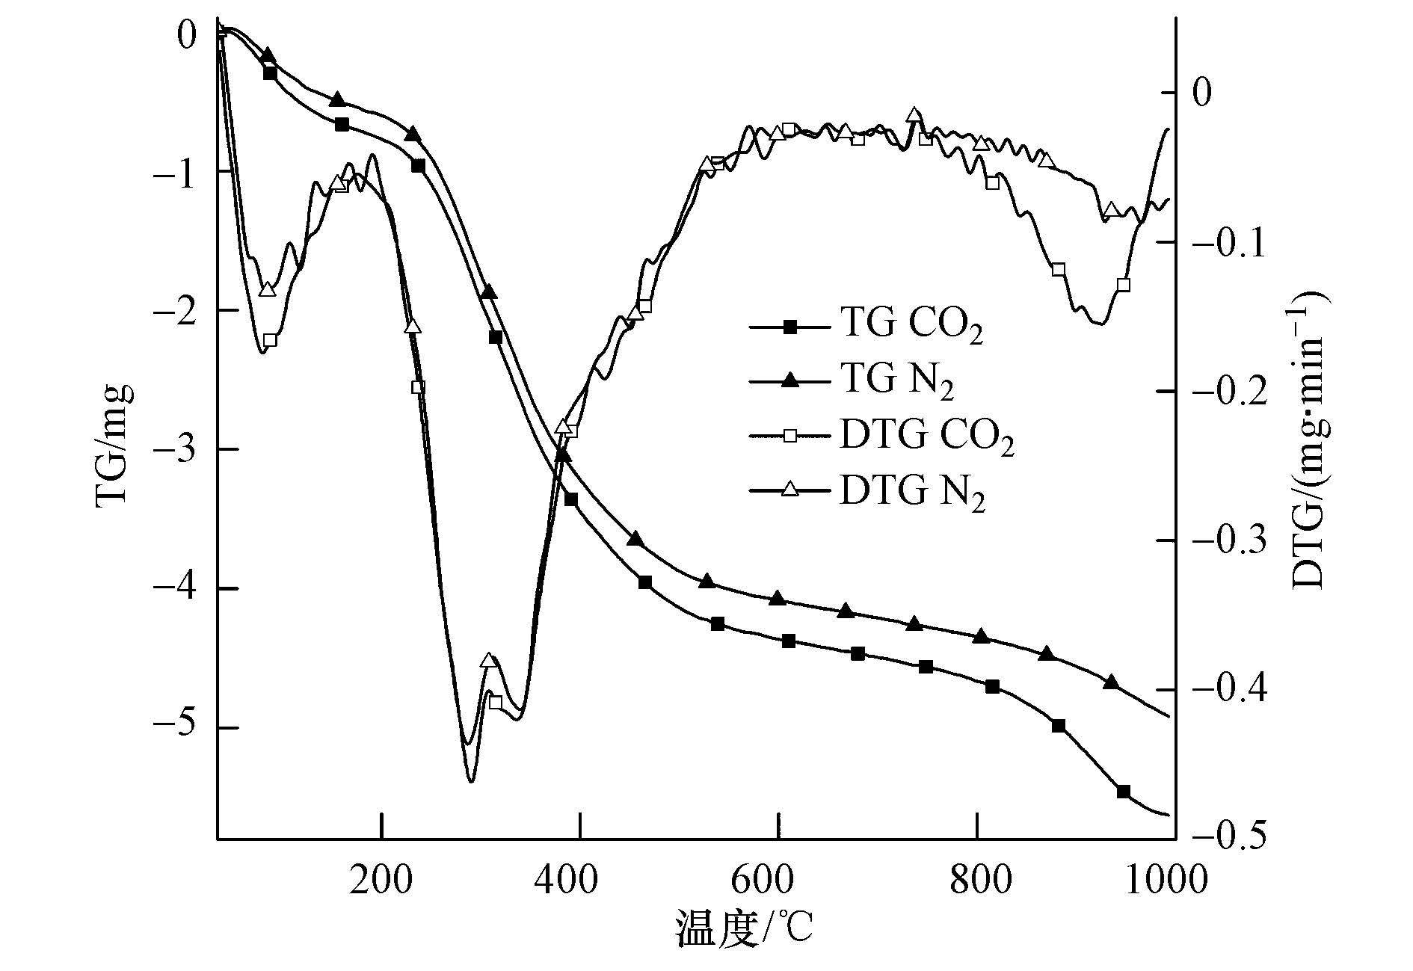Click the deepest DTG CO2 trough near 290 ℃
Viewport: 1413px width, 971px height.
[x=471, y=781]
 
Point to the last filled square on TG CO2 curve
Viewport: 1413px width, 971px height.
[x=1123, y=792]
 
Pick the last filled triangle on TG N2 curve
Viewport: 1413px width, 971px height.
[x=1112, y=682]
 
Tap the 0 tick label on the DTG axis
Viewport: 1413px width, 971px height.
[x=1202, y=93]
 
